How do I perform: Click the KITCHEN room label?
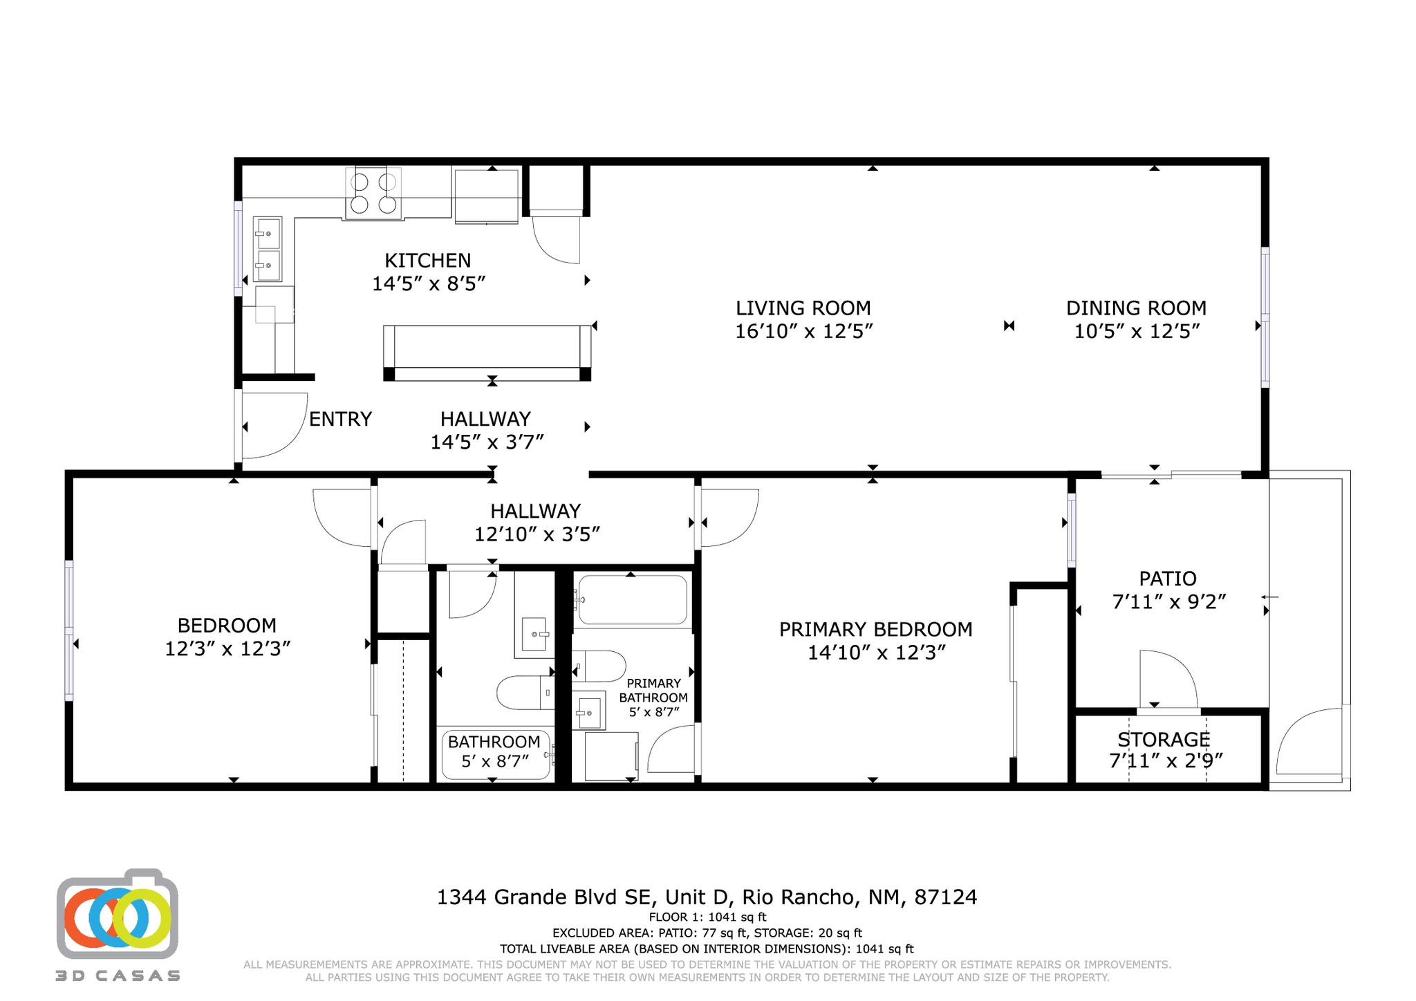click(427, 261)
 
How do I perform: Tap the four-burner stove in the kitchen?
click(373, 194)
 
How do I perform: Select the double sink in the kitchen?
click(267, 249)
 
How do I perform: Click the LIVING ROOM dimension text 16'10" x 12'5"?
click(803, 331)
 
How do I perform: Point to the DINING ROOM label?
click(1136, 308)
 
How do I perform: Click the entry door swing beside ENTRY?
click(273, 426)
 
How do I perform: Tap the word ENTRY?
click(340, 419)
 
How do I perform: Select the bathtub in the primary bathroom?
click(632, 600)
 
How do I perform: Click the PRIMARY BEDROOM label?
click(875, 629)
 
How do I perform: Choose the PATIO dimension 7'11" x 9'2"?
click(1168, 601)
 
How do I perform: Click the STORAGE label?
click(1164, 740)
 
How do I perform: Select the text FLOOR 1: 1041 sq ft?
click(707, 917)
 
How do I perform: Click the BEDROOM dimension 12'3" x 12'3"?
click(227, 648)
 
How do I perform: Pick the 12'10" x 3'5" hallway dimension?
click(536, 534)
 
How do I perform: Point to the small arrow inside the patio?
click(1269, 597)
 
